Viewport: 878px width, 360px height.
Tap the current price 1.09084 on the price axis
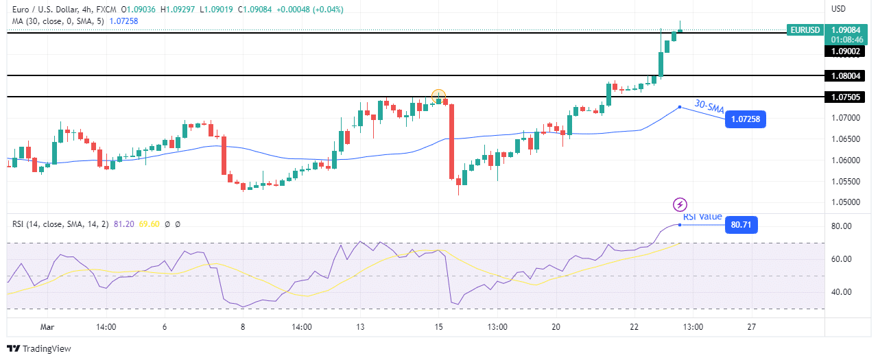tap(846, 30)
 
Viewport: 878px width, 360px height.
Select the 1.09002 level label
tap(845, 51)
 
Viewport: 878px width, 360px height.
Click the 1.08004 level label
tap(845, 75)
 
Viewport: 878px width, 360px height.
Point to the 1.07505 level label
tap(845, 97)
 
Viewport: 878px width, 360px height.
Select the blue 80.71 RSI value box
tap(741, 224)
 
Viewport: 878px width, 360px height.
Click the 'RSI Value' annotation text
tap(702, 217)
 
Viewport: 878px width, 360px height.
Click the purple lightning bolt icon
tap(680, 204)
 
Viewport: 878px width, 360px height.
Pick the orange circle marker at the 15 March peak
tap(439, 95)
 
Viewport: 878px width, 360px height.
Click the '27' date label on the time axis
tap(751, 327)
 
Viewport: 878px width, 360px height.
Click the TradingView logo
tap(39, 348)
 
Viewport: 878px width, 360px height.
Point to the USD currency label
tap(839, 9)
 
